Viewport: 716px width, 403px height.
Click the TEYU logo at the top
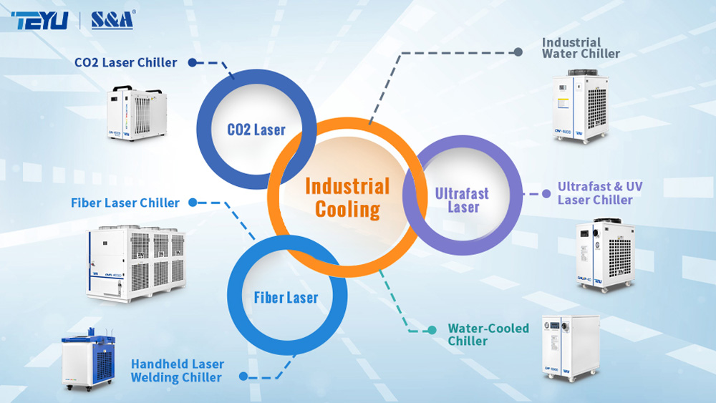coord(39,20)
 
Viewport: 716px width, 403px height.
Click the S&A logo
coord(112,20)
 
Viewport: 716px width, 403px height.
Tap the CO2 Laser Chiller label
coord(125,62)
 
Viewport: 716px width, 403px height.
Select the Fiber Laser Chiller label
coord(125,203)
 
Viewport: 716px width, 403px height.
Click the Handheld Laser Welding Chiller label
coord(177,371)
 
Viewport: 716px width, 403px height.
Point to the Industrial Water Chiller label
coord(581,48)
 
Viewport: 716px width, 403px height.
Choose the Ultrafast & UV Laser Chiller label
coord(600,193)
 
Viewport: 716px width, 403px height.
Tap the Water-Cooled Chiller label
coord(488,334)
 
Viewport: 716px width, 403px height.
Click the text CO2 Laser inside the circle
coord(256,130)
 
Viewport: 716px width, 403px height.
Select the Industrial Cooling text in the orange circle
coord(347,198)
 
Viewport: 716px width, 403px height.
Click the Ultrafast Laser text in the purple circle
coord(462,200)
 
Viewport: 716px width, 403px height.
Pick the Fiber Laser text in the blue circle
coord(286,297)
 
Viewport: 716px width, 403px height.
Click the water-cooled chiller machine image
coord(569,348)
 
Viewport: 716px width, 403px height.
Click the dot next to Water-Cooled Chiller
coord(432,330)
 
